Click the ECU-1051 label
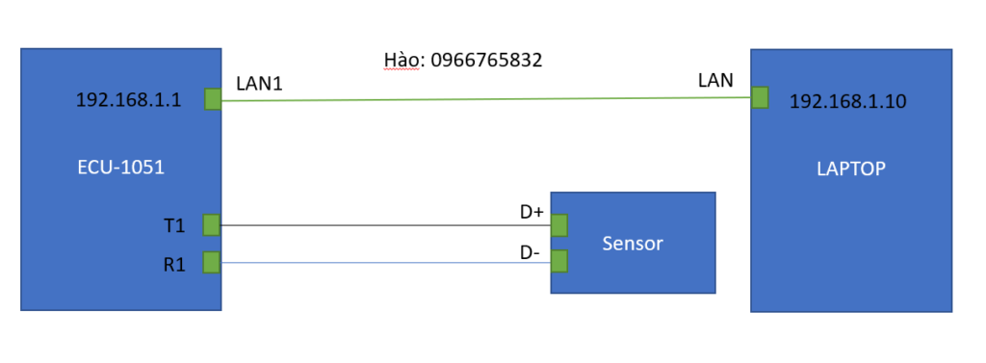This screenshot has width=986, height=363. [x=120, y=168]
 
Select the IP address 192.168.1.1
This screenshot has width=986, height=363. [x=129, y=100]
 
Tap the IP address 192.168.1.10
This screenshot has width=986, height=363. [x=848, y=102]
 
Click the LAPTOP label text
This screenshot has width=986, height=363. [x=851, y=169]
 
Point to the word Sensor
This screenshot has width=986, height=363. [x=632, y=244]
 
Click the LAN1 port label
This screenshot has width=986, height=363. [x=259, y=84]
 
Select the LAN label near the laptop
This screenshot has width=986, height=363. [x=715, y=81]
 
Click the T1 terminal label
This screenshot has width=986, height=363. [x=174, y=225]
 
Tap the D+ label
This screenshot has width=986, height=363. [x=532, y=213]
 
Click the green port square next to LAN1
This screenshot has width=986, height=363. [x=213, y=99]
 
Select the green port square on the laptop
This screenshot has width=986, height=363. [x=760, y=97]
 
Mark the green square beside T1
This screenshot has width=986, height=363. [x=212, y=224]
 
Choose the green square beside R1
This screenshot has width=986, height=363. [x=212, y=262]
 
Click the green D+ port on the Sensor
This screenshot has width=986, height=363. [x=559, y=224]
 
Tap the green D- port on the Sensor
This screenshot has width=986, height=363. [x=559, y=261]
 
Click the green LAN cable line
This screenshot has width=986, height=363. [x=486, y=99]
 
